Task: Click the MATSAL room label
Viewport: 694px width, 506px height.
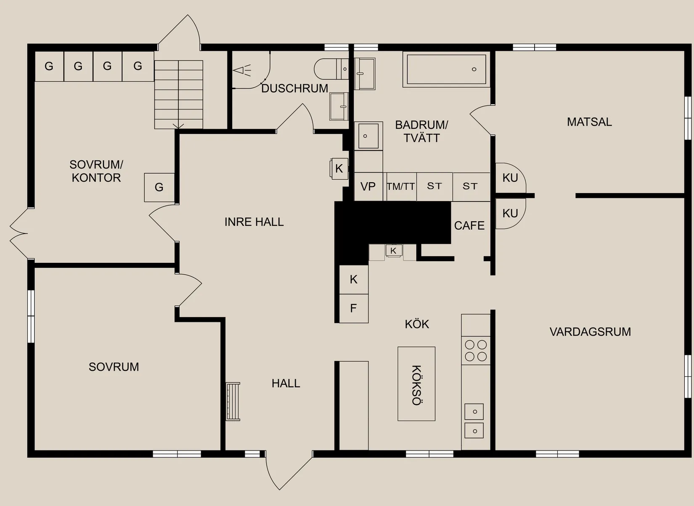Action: pos(589,122)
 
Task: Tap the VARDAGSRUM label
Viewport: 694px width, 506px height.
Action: pos(590,332)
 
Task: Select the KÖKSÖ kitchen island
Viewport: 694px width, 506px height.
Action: pos(416,384)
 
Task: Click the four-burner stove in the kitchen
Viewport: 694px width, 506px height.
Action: pos(476,351)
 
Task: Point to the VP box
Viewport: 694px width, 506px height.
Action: pos(368,186)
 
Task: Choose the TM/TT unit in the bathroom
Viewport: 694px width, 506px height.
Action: pos(401,186)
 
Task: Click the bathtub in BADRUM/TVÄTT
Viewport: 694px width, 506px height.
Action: pos(446,69)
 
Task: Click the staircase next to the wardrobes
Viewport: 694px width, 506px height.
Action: pos(179,94)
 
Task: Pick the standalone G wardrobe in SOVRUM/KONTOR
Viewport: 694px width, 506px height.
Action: pos(159,187)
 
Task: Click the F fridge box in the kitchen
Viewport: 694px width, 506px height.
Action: pos(353,308)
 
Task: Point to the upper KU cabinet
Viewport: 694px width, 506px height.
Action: pos(510,178)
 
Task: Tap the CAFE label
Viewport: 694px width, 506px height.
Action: pos(469,225)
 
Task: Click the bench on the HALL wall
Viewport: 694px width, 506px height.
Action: pos(233,401)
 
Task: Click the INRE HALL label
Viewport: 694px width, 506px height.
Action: pos(254,222)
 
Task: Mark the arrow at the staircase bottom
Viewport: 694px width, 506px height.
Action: pos(179,126)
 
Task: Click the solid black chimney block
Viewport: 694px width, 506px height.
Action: pos(391,223)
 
